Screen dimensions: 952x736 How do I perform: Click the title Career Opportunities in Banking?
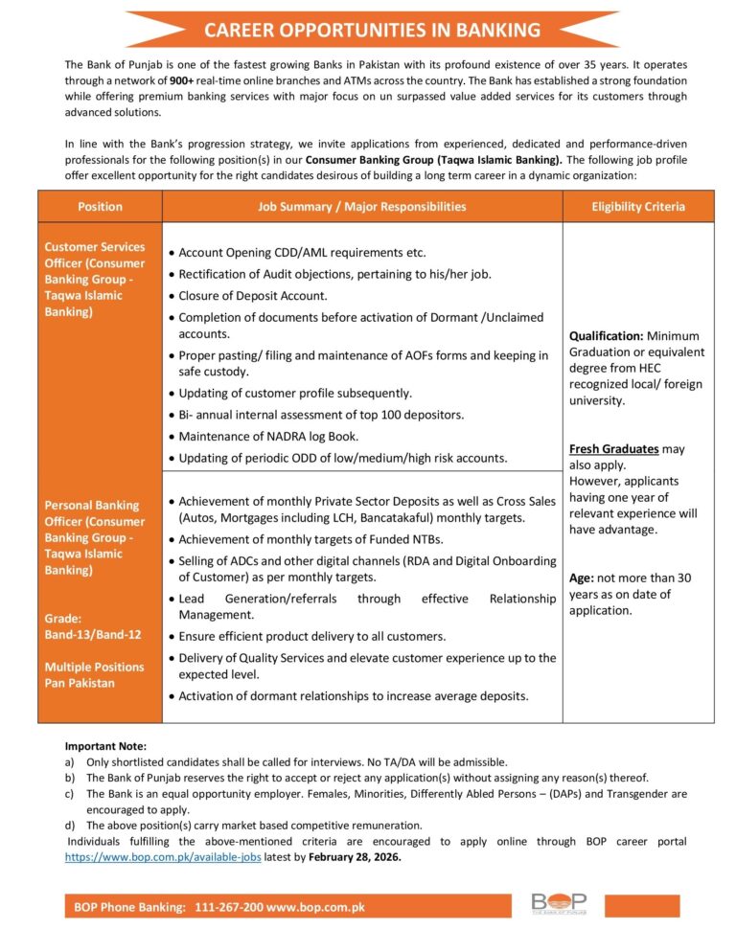372,30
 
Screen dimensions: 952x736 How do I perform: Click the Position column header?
100,206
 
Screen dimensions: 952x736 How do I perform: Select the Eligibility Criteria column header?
637,206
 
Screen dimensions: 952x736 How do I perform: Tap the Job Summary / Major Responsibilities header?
362,206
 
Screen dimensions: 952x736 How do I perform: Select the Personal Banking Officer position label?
95,537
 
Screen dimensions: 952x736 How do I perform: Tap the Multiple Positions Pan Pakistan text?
94,674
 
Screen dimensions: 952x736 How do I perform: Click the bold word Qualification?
606,336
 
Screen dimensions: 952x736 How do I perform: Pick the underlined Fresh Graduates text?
614,448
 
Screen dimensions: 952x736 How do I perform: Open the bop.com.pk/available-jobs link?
163,857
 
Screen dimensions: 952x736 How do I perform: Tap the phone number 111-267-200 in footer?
229,907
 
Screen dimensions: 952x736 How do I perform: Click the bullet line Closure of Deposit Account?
253,296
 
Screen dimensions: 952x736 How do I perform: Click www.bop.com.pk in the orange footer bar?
315,907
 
